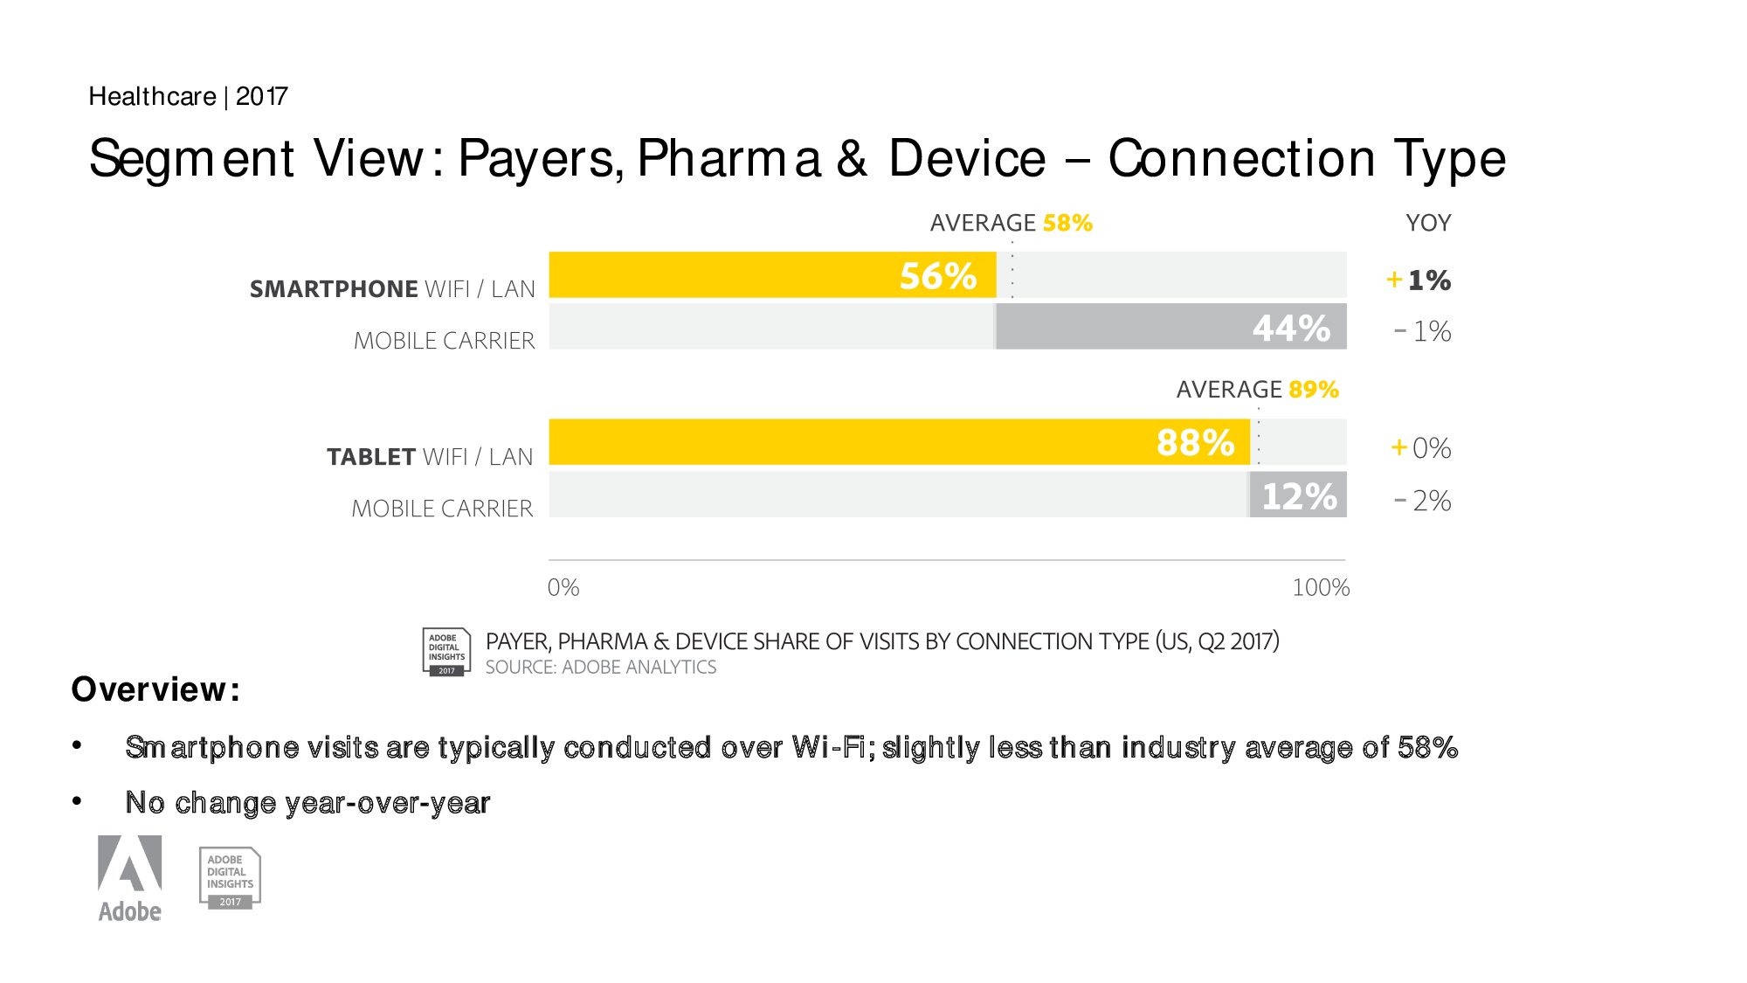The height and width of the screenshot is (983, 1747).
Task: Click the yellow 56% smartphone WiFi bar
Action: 772,275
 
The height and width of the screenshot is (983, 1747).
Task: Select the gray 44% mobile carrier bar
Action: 1170,327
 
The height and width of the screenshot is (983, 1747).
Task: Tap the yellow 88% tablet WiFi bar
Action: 900,442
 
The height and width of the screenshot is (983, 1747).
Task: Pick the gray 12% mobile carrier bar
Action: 1298,495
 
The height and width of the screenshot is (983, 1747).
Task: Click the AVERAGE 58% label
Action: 1011,223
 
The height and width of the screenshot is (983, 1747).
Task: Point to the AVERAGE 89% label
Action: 1257,389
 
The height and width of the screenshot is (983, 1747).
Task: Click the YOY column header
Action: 1428,223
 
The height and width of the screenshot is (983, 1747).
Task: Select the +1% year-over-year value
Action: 1419,280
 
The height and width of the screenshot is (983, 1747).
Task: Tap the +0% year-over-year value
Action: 1420,448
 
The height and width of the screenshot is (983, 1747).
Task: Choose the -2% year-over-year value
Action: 1423,501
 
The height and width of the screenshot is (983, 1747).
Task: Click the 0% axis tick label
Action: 563,587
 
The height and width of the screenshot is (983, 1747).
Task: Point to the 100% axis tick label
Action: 1321,587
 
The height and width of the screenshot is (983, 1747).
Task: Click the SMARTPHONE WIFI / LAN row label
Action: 392,289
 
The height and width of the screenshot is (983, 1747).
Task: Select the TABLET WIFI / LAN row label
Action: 430,457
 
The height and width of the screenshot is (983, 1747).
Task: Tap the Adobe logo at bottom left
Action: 129,877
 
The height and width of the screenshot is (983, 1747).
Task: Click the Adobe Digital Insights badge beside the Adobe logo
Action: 230,878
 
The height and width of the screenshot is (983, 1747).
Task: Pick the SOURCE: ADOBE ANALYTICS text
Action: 601,668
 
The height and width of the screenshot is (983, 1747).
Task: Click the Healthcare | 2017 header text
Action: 188,96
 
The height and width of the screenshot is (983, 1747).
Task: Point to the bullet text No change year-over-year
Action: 307,802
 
